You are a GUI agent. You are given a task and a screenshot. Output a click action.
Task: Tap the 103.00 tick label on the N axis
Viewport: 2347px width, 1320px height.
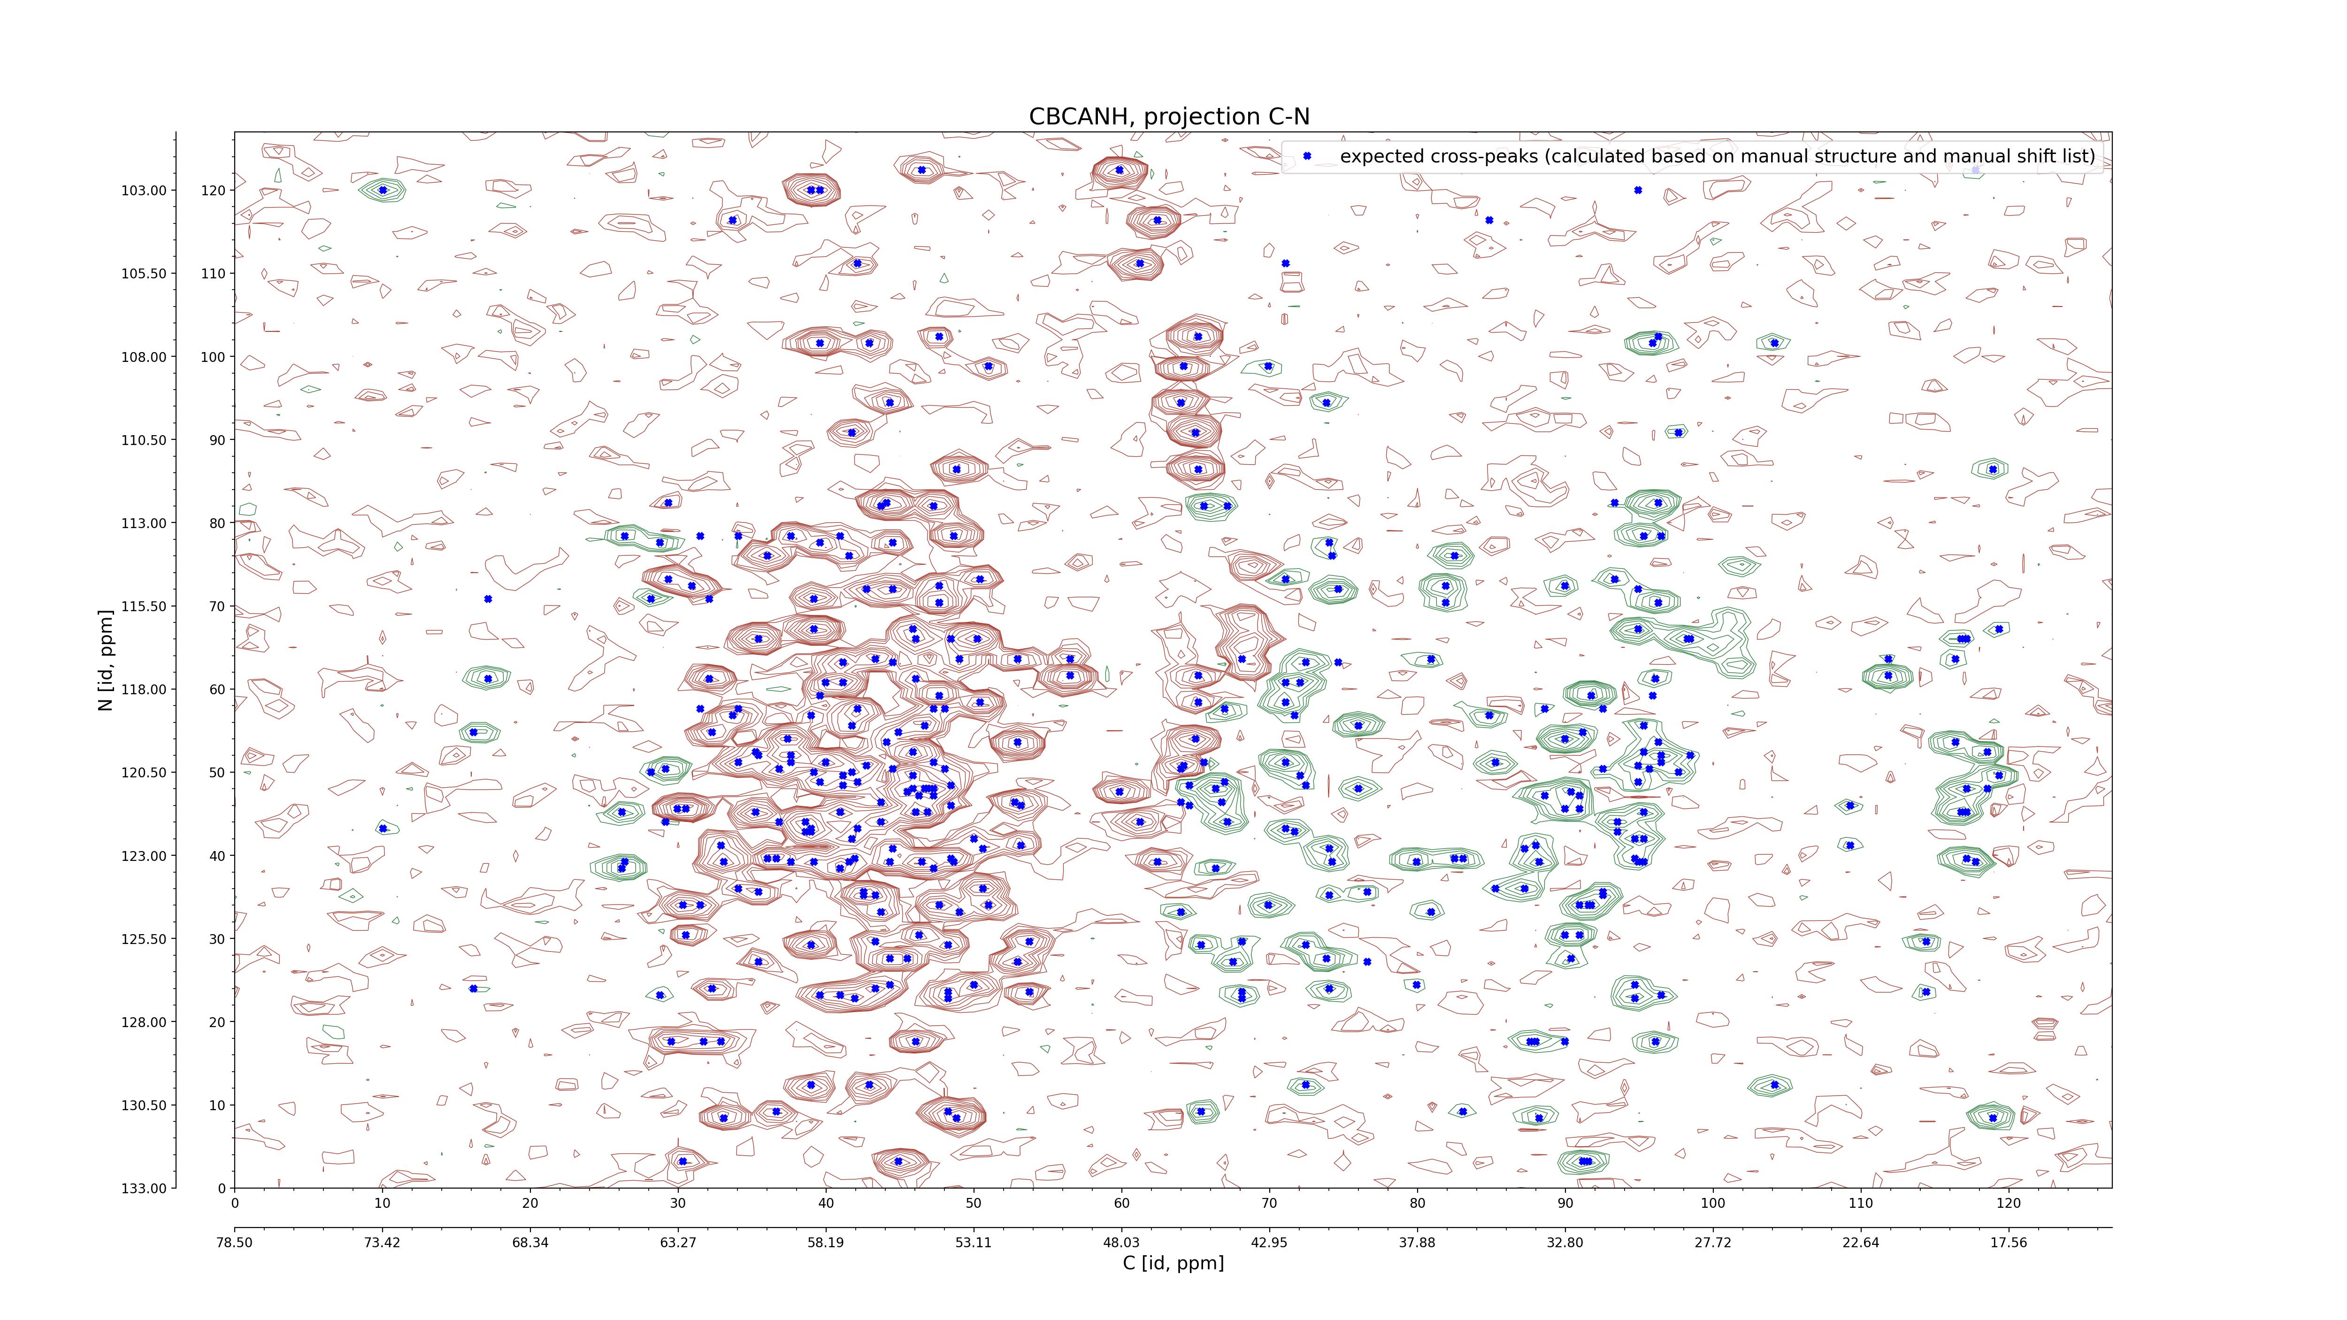[x=144, y=191]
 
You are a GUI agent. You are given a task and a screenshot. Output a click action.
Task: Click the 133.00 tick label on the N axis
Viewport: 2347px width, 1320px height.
[x=144, y=1188]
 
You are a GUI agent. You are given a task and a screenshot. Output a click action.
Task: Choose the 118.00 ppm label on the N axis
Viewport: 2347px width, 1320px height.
[x=144, y=690]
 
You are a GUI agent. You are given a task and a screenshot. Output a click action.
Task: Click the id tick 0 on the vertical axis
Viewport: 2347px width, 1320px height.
[x=222, y=1188]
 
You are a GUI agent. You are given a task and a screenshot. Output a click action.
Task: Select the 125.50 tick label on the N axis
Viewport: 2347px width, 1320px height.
[x=144, y=939]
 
